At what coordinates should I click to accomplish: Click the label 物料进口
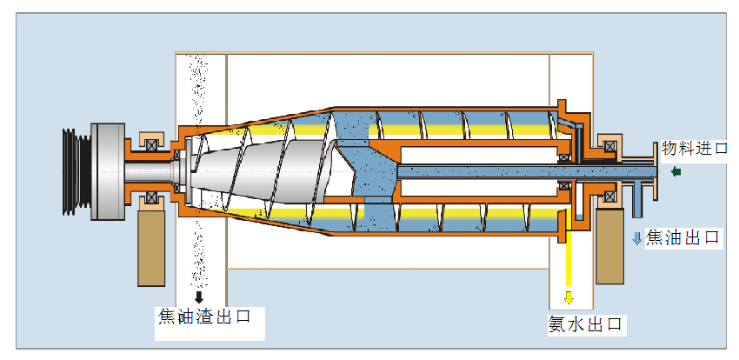pos(695,148)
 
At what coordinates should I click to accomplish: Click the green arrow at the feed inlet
pos(676,171)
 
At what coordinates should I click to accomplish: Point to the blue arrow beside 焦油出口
pos(637,238)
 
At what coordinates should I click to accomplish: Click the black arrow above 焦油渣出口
pos(199,297)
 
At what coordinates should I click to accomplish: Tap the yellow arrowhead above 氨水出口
pos(569,297)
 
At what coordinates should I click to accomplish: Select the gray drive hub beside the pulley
pos(108,171)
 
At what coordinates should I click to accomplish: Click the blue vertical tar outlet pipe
pos(637,200)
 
